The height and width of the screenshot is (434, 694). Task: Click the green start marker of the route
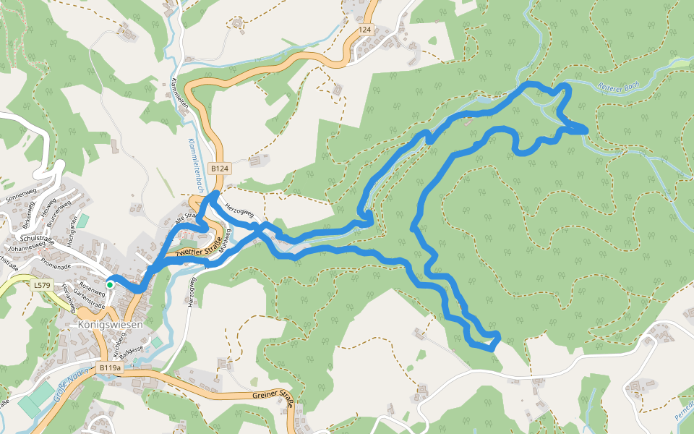[110, 285]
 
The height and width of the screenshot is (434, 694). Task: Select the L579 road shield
[43, 286]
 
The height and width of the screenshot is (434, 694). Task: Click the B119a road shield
[110, 368]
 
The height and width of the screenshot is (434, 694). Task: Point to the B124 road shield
[220, 169]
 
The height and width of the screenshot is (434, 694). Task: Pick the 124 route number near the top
[364, 30]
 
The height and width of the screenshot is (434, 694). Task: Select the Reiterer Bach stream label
[619, 86]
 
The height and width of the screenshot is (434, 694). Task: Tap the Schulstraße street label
[38, 238]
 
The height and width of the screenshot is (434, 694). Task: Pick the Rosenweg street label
[92, 286]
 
